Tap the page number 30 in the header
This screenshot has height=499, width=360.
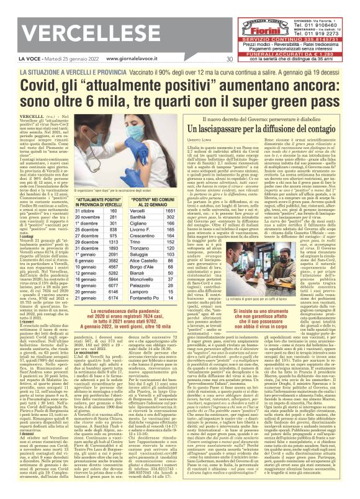229,59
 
